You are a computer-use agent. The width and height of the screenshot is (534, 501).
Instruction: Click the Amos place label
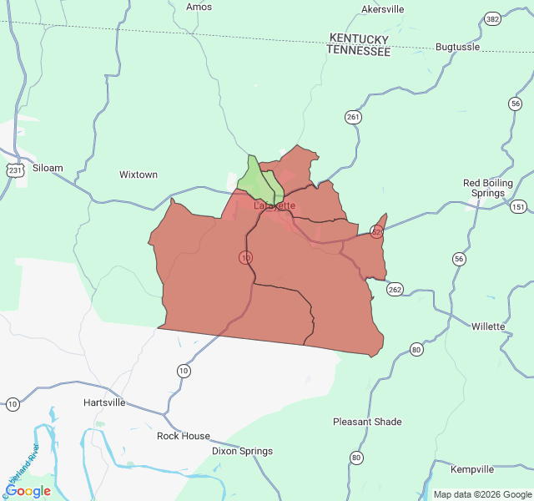click(x=199, y=7)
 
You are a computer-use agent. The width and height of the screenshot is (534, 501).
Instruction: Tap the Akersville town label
click(x=382, y=9)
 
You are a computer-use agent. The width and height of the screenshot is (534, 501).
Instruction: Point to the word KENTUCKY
click(x=359, y=39)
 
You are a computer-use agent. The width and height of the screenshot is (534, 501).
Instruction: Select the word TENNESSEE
click(x=358, y=51)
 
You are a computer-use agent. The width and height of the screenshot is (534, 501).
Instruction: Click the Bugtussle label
click(x=458, y=47)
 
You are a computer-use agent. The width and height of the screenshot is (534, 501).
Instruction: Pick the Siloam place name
click(x=48, y=168)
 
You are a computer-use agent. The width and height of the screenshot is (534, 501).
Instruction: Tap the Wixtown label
click(x=139, y=175)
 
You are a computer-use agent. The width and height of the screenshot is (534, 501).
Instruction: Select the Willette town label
click(x=488, y=326)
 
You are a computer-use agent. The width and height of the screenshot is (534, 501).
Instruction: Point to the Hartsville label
click(x=104, y=402)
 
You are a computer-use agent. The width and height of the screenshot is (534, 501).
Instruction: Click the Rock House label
click(x=184, y=436)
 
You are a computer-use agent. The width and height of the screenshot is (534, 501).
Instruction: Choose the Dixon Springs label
click(x=242, y=451)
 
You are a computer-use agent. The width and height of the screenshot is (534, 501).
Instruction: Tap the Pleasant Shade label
click(x=367, y=422)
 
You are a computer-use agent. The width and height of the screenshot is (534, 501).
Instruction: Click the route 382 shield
click(x=492, y=18)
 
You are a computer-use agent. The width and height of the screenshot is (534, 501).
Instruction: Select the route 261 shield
click(x=353, y=117)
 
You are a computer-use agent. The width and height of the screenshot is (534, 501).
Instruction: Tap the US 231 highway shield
click(x=15, y=170)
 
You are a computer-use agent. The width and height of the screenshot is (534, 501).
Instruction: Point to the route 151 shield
click(x=519, y=206)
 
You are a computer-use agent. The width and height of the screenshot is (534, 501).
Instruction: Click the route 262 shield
click(x=395, y=290)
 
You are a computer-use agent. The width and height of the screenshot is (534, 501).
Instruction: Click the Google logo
click(x=28, y=491)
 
